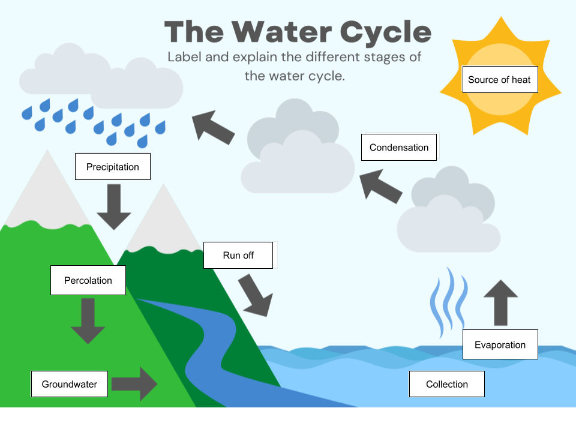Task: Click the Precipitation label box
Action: pyautogui.click(x=113, y=166)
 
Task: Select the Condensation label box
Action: pyautogui.click(x=399, y=148)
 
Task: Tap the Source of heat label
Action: pyautogui.click(x=500, y=79)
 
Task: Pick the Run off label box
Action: pyautogui.click(x=238, y=256)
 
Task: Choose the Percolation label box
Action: pyautogui.click(x=88, y=280)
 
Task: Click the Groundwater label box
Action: pyautogui.click(x=70, y=384)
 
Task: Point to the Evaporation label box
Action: pyautogui.click(x=500, y=344)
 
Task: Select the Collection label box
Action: pyautogui.click(x=446, y=384)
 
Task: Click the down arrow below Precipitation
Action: pyautogui.click(x=114, y=207)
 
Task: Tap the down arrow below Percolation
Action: pyautogui.click(x=88, y=321)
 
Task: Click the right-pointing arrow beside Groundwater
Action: pyautogui.click(x=134, y=384)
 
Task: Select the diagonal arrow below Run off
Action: pyautogui.click(x=256, y=295)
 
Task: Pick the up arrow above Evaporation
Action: pyautogui.click(x=500, y=302)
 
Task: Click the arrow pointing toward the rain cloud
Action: pyautogui.click(x=213, y=127)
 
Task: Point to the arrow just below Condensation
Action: pyautogui.click(x=380, y=186)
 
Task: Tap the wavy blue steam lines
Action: pyautogui.click(x=449, y=302)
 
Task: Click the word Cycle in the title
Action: pyautogui.click(x=386, y=32)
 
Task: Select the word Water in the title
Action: pyautogui.click(x=282, y=32)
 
